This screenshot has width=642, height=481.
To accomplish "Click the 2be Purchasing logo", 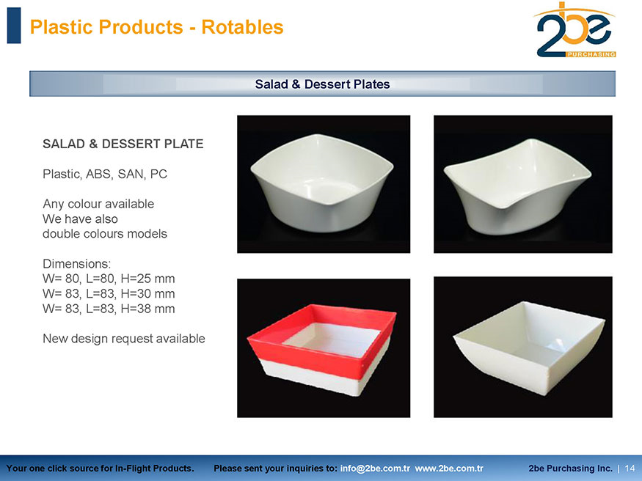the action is coord(574,30).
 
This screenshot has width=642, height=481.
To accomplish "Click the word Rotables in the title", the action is coord(242,27).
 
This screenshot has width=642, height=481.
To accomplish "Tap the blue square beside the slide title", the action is coord(14,26).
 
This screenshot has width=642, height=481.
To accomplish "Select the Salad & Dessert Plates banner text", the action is coord(322,84).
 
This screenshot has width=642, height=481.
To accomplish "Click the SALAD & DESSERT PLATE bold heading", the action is coord(123,144).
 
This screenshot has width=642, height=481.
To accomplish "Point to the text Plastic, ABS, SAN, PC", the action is coord(105,175).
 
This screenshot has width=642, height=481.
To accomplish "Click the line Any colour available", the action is coord(98,204).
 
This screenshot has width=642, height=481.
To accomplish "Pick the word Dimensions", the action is coord(76,263).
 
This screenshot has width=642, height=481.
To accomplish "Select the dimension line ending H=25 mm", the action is coord(109,279).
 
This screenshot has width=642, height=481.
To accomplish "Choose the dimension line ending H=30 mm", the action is coord(109,294).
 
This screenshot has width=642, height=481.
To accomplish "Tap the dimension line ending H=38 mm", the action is coord(109,309).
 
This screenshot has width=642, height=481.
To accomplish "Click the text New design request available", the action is coord(124,339).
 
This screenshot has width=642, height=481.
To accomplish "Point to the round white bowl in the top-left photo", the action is coord(322,183).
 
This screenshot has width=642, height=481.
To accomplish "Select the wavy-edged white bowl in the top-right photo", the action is coord(517,187).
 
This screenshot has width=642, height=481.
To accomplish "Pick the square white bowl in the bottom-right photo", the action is coord(529,348).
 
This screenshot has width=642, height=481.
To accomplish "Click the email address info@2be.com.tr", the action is coord(375,469).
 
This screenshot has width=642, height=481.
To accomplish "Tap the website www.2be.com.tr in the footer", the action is coord(449,469).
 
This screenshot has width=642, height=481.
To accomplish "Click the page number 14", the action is coord(630,469).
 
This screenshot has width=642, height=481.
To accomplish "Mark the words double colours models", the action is coord(105,234).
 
